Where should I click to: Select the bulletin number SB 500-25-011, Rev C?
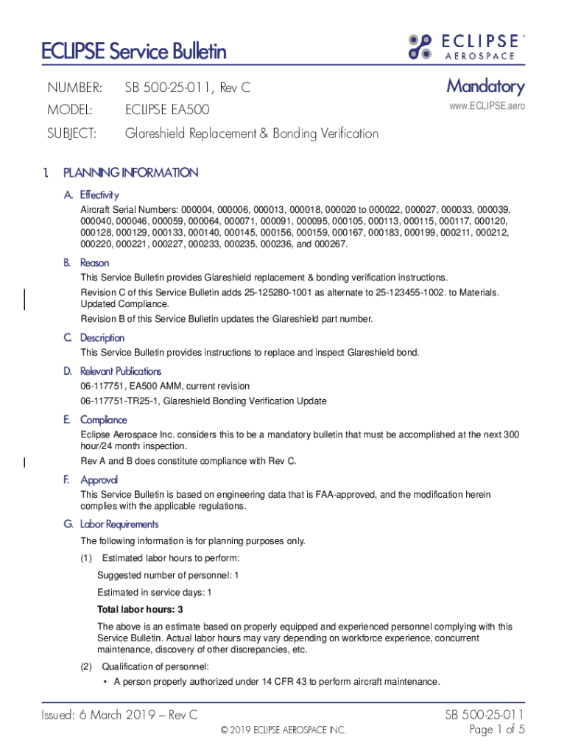[x=187, y=88]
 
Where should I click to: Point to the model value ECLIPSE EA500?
[x=167, y=110]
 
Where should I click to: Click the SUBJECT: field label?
[x=72, y=133]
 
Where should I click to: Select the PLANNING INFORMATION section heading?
[x=130, y=173]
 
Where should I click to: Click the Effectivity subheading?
[x=99, y=195]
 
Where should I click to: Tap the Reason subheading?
[x=94, y=263]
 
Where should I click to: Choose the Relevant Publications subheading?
[x=121, y=371]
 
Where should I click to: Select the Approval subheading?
[x=99, y=480]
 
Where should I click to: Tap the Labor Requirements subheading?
[x=119, y=524]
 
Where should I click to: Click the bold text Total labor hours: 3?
[x=140, y=610]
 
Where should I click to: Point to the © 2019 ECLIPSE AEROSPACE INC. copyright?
[x=283, y=730]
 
